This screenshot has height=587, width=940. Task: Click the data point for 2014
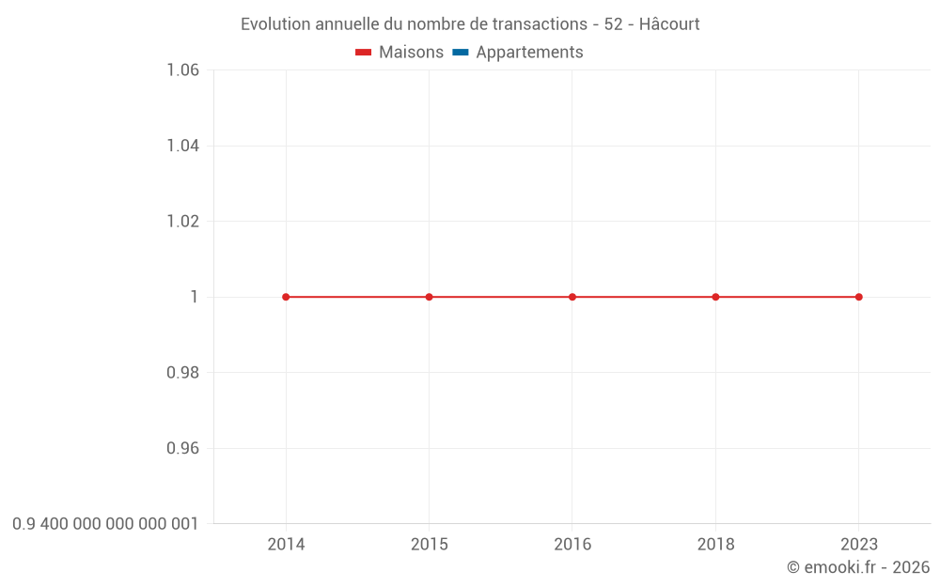click(286, 297)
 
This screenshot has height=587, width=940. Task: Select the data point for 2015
click(430, 297)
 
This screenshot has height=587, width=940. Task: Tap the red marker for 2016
click(572, 297)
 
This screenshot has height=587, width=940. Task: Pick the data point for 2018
click(715, 297)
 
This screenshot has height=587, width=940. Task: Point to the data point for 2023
click(858, 297)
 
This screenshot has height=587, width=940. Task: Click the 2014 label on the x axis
click(286, 544)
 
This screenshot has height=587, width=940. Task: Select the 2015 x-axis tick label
click(430, 544)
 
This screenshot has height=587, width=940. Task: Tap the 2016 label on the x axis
click(572, 544)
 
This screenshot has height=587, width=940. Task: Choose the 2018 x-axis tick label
click(715, 544)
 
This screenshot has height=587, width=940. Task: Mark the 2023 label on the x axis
click(858, 544)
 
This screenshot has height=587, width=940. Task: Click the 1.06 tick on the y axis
click(182, 70)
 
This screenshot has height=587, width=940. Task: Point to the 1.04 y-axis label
click(182, 146)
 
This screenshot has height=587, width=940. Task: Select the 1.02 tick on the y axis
click(182, 222)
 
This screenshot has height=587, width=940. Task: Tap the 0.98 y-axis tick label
click(182, 373)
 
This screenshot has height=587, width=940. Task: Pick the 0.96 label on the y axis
click(182, 448)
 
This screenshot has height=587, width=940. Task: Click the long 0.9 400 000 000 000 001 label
click(105, 523)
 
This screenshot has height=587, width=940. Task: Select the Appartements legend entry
click(529, 53)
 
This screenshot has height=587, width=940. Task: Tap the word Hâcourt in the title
click(669, 24)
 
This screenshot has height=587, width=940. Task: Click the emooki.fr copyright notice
click(858, 567)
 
